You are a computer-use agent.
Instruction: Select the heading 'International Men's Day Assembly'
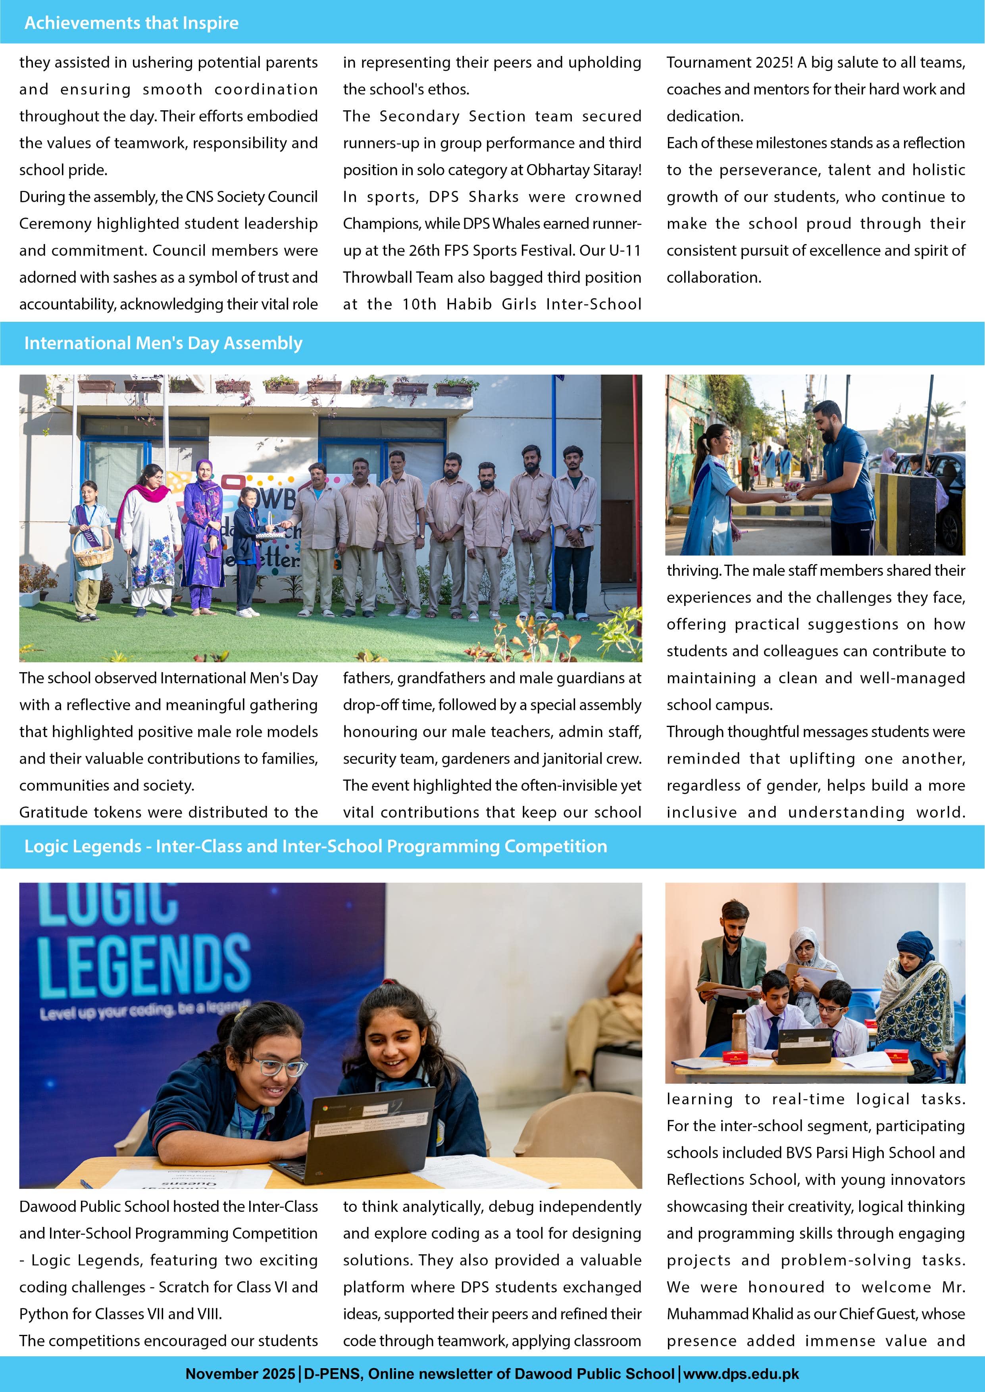[163, 343]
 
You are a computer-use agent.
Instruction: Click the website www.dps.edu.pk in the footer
[741, 1373]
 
